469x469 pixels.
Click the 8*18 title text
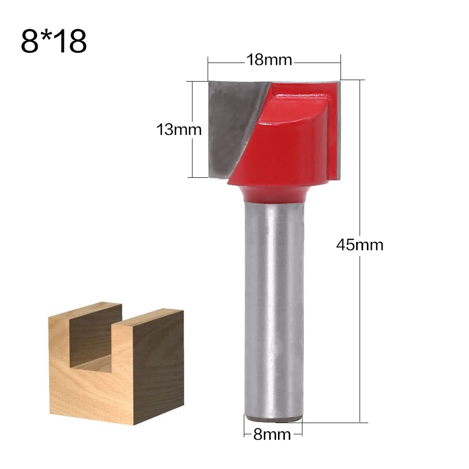tap(54, 41)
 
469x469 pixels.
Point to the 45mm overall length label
tap(360, 244)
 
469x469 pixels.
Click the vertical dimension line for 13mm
tap(193, 156)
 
